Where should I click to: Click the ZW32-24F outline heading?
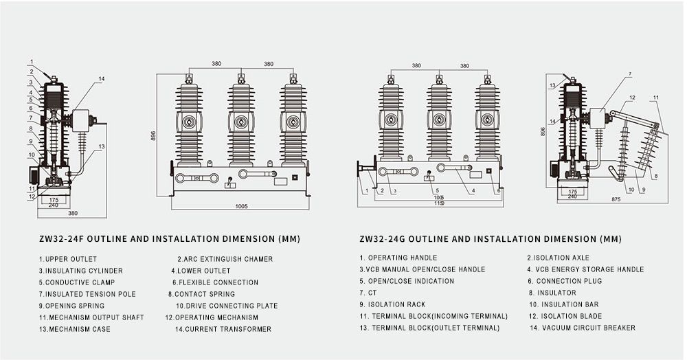point(169,239)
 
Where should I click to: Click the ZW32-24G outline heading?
point(490,239)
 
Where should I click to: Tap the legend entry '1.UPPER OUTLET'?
point(67,259)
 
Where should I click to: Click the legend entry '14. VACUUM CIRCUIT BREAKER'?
point(582,328)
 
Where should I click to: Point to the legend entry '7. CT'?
point(368,293)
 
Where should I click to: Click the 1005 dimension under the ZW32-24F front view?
point(241,205)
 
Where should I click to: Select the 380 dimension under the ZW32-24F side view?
point(72,213)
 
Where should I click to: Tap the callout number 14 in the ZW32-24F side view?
point(101,79)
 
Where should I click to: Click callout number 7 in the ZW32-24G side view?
point(629,74)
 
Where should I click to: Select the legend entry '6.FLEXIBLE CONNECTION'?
point(215,282)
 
